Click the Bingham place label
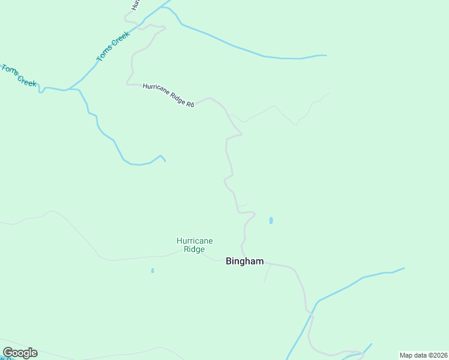point(244,261)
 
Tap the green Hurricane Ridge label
point(194,245)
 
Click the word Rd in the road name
point(190,104)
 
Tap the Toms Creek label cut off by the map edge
point(18,76)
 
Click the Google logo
point(20,353)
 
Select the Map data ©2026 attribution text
point(423,355)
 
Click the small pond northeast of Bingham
point(271,220)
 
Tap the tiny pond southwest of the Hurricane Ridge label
point(152,271)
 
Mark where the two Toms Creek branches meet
point(70,89)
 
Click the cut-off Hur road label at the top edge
point(135,4)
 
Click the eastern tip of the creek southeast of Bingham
point(403,268)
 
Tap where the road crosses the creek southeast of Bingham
point(311,313)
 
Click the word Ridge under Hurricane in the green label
point(194,249)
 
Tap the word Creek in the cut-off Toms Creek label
point(27,80)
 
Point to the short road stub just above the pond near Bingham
point(242,205)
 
